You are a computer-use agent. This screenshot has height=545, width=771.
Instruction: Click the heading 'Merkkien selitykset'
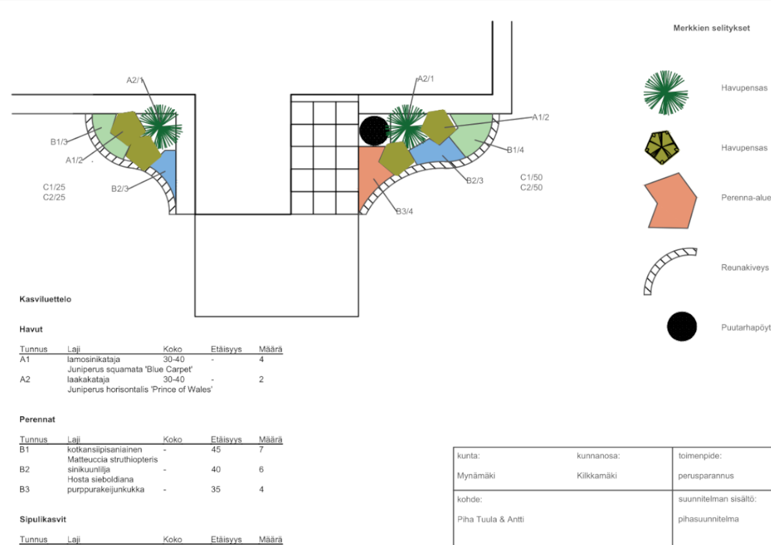pos(711,28)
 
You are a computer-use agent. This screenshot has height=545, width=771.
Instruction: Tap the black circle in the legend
pos(682,326)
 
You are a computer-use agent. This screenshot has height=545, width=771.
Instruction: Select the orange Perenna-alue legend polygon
pos(670,201)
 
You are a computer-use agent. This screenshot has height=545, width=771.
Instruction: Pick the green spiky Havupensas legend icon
pos(665,89)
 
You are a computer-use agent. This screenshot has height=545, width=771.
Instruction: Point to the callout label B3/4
pos(404,211)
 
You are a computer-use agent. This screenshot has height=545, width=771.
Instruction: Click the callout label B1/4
pos(515,150)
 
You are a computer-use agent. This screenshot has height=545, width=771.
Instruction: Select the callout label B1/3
pos(59,141)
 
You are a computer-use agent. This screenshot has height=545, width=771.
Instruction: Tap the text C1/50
pos(531,176)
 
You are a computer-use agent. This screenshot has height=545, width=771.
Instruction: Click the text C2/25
pos(54,197)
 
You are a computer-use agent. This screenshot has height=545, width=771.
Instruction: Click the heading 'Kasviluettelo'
pos(45,300)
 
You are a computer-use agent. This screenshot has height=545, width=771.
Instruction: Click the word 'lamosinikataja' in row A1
pos(94,359)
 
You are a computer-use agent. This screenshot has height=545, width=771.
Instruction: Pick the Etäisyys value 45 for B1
pos(216,449)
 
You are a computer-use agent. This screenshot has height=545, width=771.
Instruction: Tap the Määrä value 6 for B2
pos(261,469)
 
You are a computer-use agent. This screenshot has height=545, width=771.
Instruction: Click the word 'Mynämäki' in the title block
pos(477,475)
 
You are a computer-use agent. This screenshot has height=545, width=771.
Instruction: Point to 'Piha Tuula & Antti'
pos(490,519)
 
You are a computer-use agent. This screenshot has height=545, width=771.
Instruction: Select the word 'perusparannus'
pos(706,475)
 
